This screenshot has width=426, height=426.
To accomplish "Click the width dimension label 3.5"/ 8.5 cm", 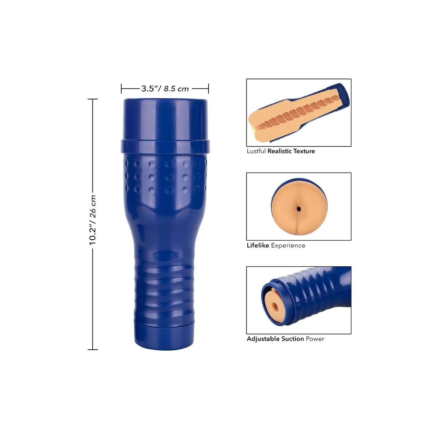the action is point(165,89).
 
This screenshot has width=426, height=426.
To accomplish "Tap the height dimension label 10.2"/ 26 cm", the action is point(93,220).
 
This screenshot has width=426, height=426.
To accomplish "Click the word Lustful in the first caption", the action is point(256,151).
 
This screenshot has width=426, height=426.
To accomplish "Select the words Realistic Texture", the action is point(291,151).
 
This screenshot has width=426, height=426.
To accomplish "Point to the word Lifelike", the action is point(258,245).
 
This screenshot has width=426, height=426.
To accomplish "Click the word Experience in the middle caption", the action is point(288,246).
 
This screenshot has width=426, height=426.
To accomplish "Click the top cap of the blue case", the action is point(165,119).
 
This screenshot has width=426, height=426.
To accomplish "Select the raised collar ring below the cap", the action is point(165,147).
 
